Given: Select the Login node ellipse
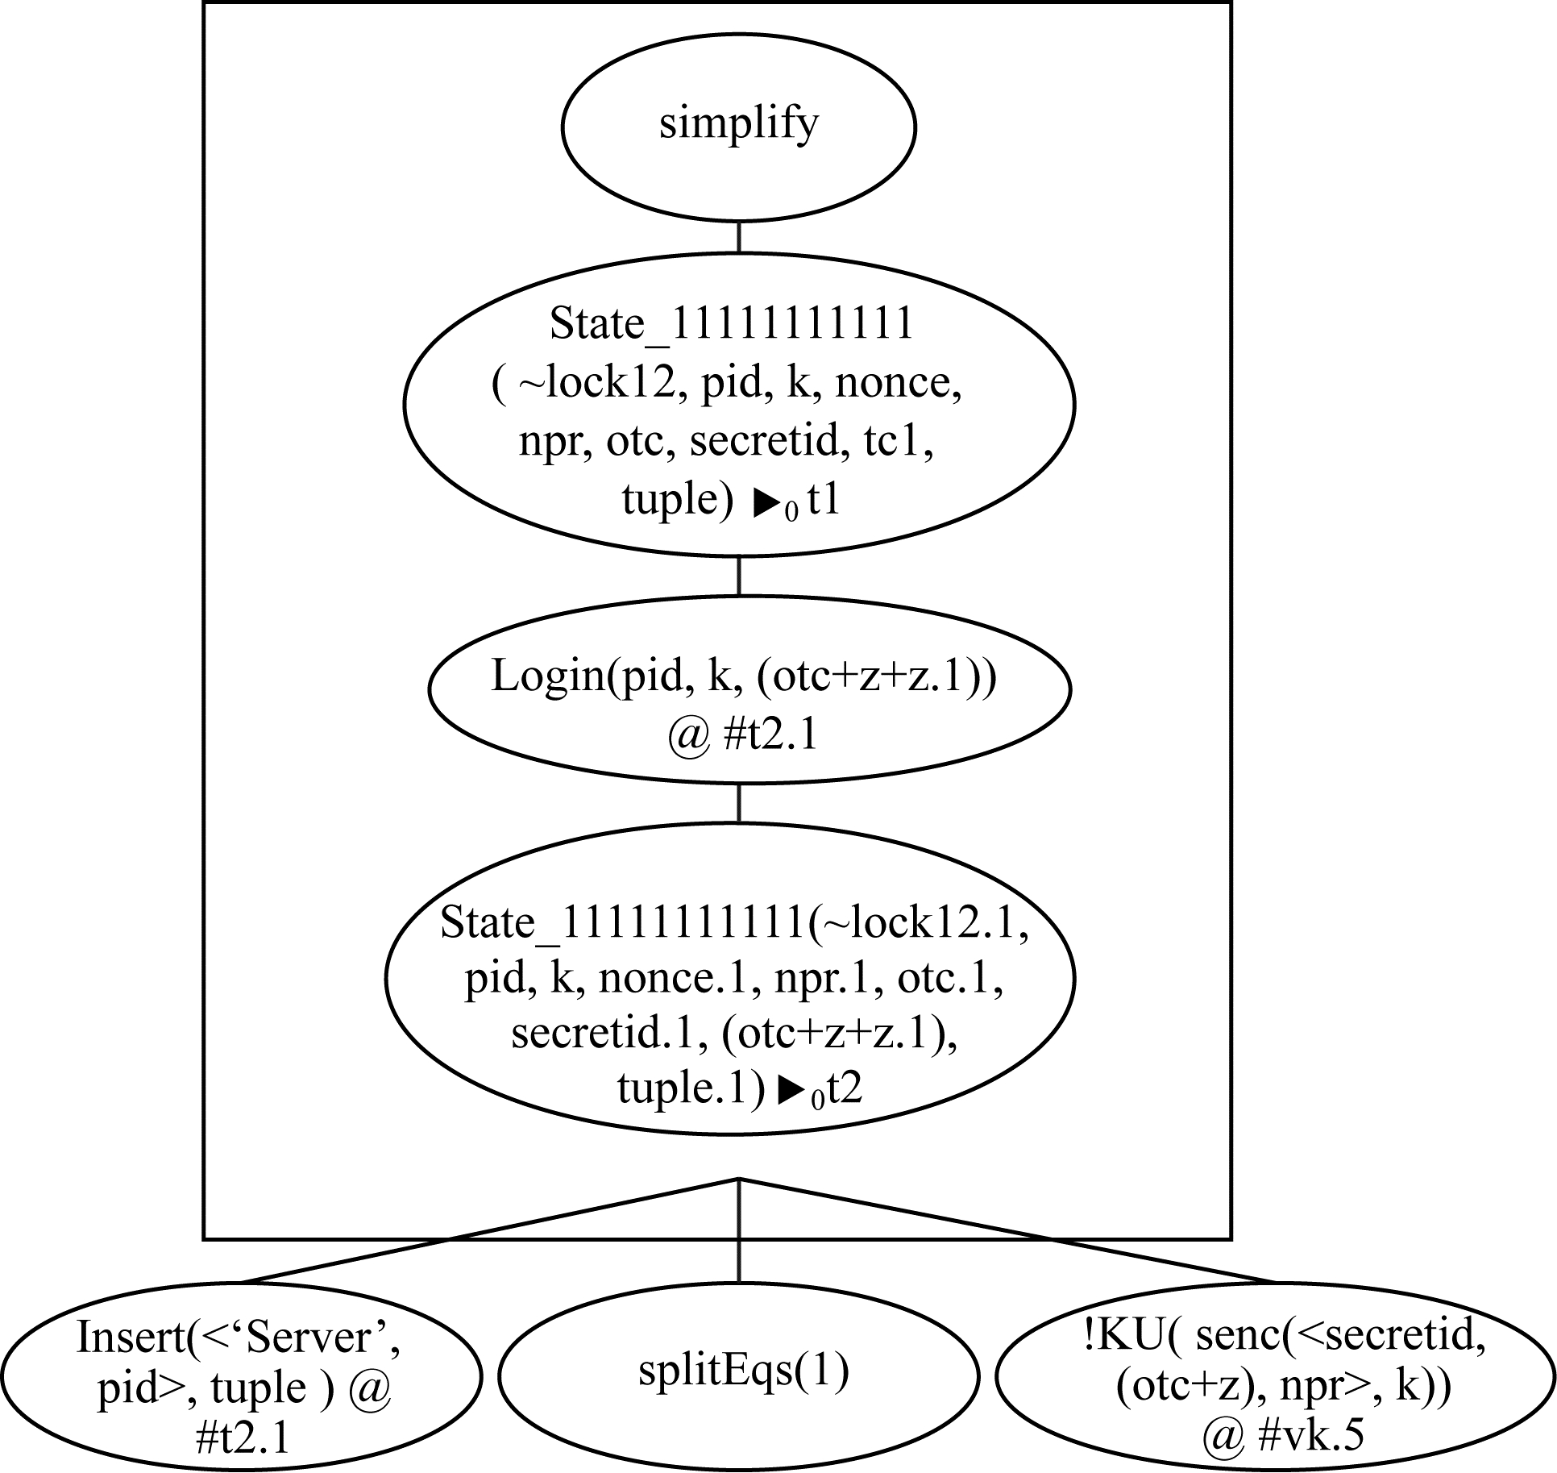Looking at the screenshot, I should [x=749, y=690].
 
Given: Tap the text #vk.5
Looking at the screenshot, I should [x=1309, y=1436].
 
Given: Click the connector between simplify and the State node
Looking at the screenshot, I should [x=739, y=237].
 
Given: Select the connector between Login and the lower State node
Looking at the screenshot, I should [x=739, y=803].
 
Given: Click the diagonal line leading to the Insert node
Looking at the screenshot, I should [x=484, y=1232].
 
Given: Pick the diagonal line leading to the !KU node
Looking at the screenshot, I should [x=1007, y=1232].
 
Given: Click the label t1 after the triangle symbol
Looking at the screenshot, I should [x=824, y=500].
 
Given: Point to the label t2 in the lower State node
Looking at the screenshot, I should [x=845, y=1090].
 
